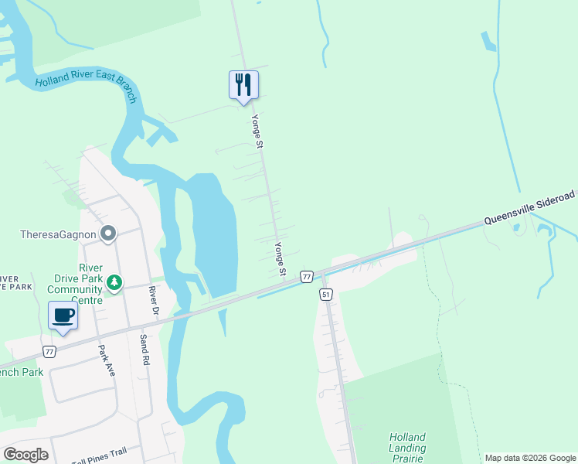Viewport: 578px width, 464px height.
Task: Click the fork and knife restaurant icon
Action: click(243, 85)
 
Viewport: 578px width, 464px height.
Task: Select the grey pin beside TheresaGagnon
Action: click(108, 233)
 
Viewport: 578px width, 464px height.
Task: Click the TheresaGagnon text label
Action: click(58, 234)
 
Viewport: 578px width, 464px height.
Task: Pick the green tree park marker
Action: click(114, 283)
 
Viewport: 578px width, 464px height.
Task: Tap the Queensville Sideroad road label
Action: click(530, 209)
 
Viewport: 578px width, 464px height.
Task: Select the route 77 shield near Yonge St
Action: click(307, 276)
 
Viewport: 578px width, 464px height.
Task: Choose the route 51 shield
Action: click(325, 294)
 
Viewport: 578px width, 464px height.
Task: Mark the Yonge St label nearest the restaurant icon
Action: click(258, 131)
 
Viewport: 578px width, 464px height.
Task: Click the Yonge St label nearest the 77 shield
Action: click(280, 260)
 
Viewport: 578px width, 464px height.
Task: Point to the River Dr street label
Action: click(153, 300)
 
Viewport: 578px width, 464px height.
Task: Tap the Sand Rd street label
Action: click(144, 351)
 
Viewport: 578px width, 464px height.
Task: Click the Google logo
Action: click(25, 454)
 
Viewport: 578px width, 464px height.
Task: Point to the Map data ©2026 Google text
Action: click(530, 458)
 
